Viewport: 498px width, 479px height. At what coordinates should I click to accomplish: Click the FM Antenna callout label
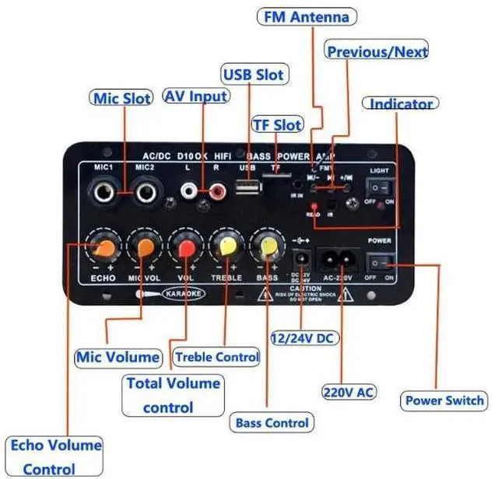pyautogui.click(x=307, y=16)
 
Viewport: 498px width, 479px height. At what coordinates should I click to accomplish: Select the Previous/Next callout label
pyautogui.click(x=377, y=51)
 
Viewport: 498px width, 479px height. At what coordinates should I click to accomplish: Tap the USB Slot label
pyautogui.click(x=254, y=75)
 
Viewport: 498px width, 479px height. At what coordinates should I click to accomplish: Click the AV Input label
pyautogui.click(x=196, y=96)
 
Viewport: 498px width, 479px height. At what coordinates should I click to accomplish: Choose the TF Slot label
pyautogui.click(x=277, y=124)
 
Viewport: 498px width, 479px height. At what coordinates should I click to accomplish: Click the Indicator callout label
pyautogui.click(x=401, y=103)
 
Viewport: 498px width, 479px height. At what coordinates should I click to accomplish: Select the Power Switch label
pyautogui.click(x=444, y=401)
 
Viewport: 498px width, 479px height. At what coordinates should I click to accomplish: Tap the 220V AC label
pyautogui.click(x=349, y=392)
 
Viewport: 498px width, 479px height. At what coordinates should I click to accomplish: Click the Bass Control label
pyautogui.click(x=272, y=424)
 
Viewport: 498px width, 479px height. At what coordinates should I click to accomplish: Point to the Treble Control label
pyautogui.click(x=216, y=357)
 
